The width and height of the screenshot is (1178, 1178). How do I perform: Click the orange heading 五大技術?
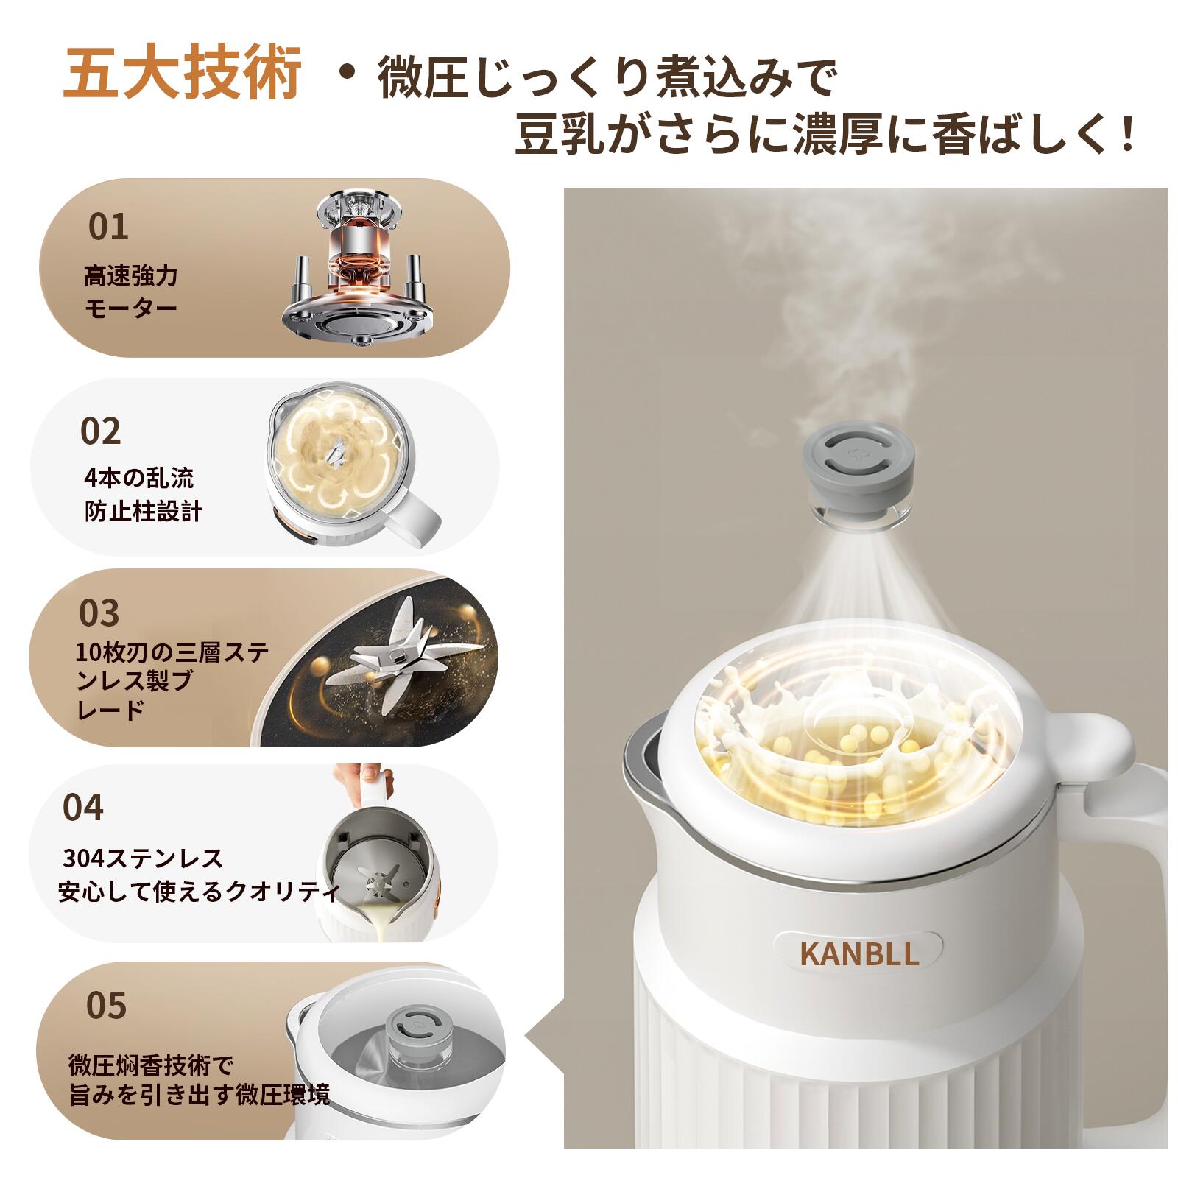(x=182, y=74)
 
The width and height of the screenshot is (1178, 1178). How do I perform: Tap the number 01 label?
(x=108, y=227)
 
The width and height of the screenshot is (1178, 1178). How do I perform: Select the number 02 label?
(x=100, y=431)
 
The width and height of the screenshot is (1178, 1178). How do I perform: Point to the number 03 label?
(x=99, y=613)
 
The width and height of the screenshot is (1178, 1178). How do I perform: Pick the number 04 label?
(x=83, y=807)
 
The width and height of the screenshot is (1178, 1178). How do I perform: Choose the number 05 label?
(x=106, y=1005)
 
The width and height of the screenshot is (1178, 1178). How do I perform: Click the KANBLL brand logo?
(x=858, y=953)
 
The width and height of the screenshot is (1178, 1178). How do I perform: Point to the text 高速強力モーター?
(x=130, y=292)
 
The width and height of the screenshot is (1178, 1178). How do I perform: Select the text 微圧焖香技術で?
(x=150, y=1065)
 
